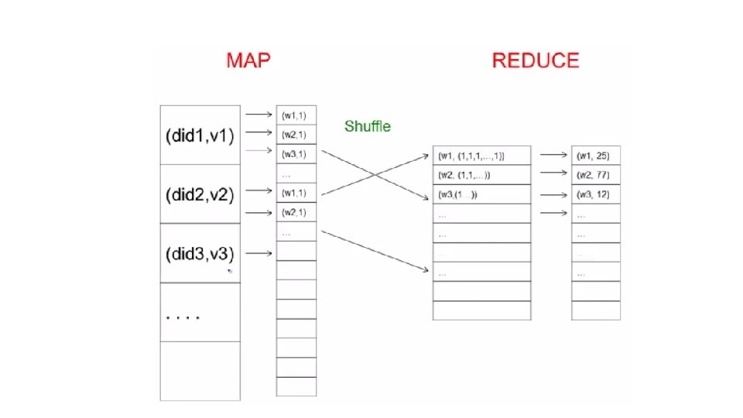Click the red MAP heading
(248, 61)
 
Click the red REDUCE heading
(535, 61)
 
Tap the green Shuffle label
(368, 126)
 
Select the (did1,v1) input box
(200, 135)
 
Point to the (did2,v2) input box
(200, 194)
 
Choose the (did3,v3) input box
(200, 253)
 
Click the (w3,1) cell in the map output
(295, 154)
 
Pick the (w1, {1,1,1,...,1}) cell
(481, 156)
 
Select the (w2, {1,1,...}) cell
(481, 176)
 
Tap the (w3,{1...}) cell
(481, 194)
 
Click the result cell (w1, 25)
(596, 156)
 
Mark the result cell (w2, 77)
(596, 176)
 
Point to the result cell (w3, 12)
(596, 194)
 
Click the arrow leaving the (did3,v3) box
(259, 252)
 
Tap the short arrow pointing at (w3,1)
(259, 152)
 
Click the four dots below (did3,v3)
(183, 317)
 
